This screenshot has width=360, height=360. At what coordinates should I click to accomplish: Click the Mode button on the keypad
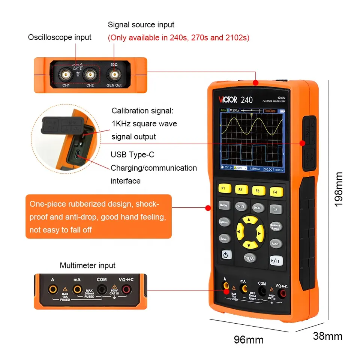(x=224, y=205)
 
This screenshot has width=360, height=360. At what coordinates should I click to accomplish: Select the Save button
(x=223, y=238)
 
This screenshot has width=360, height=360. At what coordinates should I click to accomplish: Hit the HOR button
(x=257, y=207)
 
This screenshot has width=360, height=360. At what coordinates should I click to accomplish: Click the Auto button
(x=276, y=243)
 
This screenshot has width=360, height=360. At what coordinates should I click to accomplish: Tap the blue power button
(x=226, y=255)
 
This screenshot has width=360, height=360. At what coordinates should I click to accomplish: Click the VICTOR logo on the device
(x=228, y=100)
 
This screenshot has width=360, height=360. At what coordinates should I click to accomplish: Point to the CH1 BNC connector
(x=66, y=75)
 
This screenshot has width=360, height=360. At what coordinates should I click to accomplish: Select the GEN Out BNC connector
(x=114, y=75)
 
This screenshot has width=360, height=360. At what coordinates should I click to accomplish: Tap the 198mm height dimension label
(x=339, y=189)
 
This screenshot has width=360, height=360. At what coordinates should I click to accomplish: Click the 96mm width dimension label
(x=249, y=340)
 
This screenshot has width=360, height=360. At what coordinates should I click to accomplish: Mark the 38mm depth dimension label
(x=327, y=336)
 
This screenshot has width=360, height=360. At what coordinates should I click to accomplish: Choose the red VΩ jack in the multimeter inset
(x=126, y=289)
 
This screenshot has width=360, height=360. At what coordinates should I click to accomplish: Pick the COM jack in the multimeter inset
(x=102, y=289)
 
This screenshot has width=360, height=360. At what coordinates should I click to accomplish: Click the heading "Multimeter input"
(x=88, y=265)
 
